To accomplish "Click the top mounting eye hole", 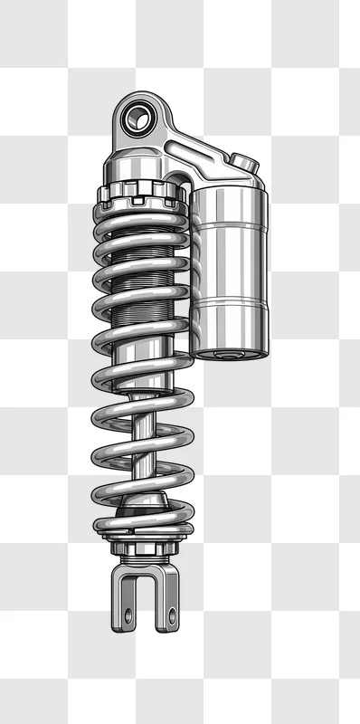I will click(x=138, y=116).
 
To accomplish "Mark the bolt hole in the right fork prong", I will click(x=169, y=615).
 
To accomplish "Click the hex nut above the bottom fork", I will click(x=145, y=548).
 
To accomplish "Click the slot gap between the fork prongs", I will click(x=147, y=597).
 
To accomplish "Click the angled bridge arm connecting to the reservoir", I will click(x=204, y=154).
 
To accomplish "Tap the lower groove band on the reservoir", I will click(x=228, y=306).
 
